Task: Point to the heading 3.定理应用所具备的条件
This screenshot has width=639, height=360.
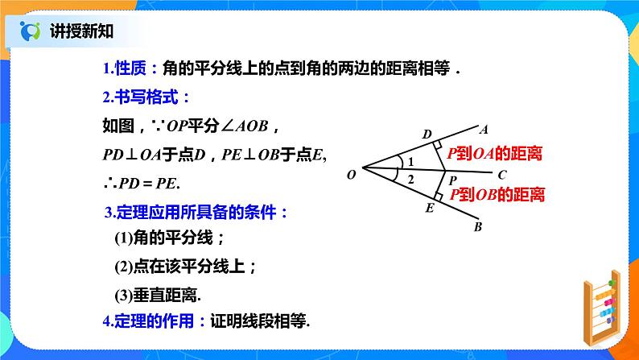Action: pos(196,213)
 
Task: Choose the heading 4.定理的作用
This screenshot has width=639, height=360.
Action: pos(148,320)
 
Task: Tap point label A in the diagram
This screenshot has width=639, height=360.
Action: pos(484,128)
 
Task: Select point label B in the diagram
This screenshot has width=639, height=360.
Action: pos(478,227)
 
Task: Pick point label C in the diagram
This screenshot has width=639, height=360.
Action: pos(501,174)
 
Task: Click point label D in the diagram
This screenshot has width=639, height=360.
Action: pos(427,134)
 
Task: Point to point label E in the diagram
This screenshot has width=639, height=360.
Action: pos(429,209)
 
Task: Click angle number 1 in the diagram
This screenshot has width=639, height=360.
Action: pos(410,162)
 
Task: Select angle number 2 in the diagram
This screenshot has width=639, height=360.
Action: pos(410,179)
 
